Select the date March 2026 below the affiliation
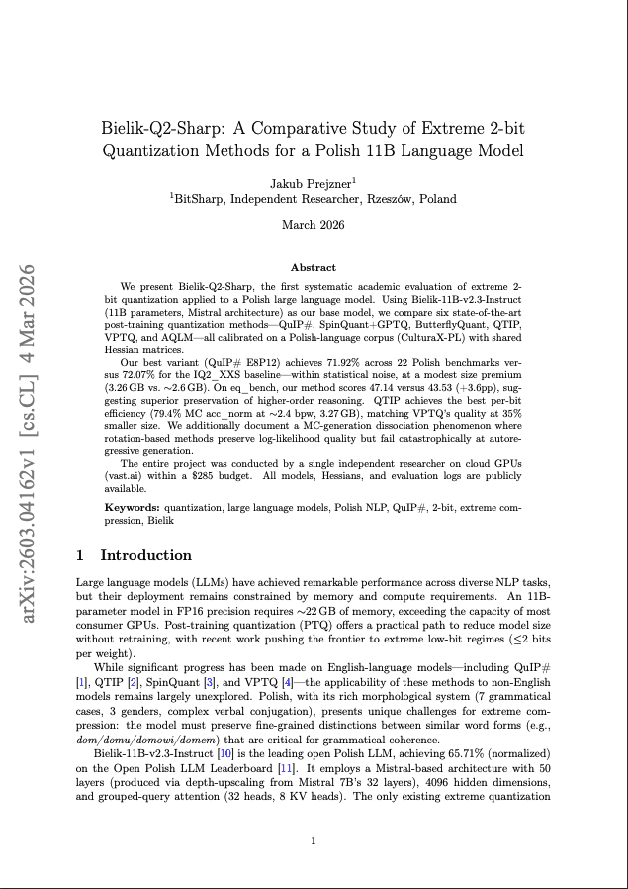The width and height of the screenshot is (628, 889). point(313,225)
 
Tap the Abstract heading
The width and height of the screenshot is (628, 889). point(313,267)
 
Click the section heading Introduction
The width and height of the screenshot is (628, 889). point(146,555)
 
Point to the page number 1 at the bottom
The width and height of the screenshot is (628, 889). point(313,841)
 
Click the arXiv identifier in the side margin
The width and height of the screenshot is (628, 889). point(29,444)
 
